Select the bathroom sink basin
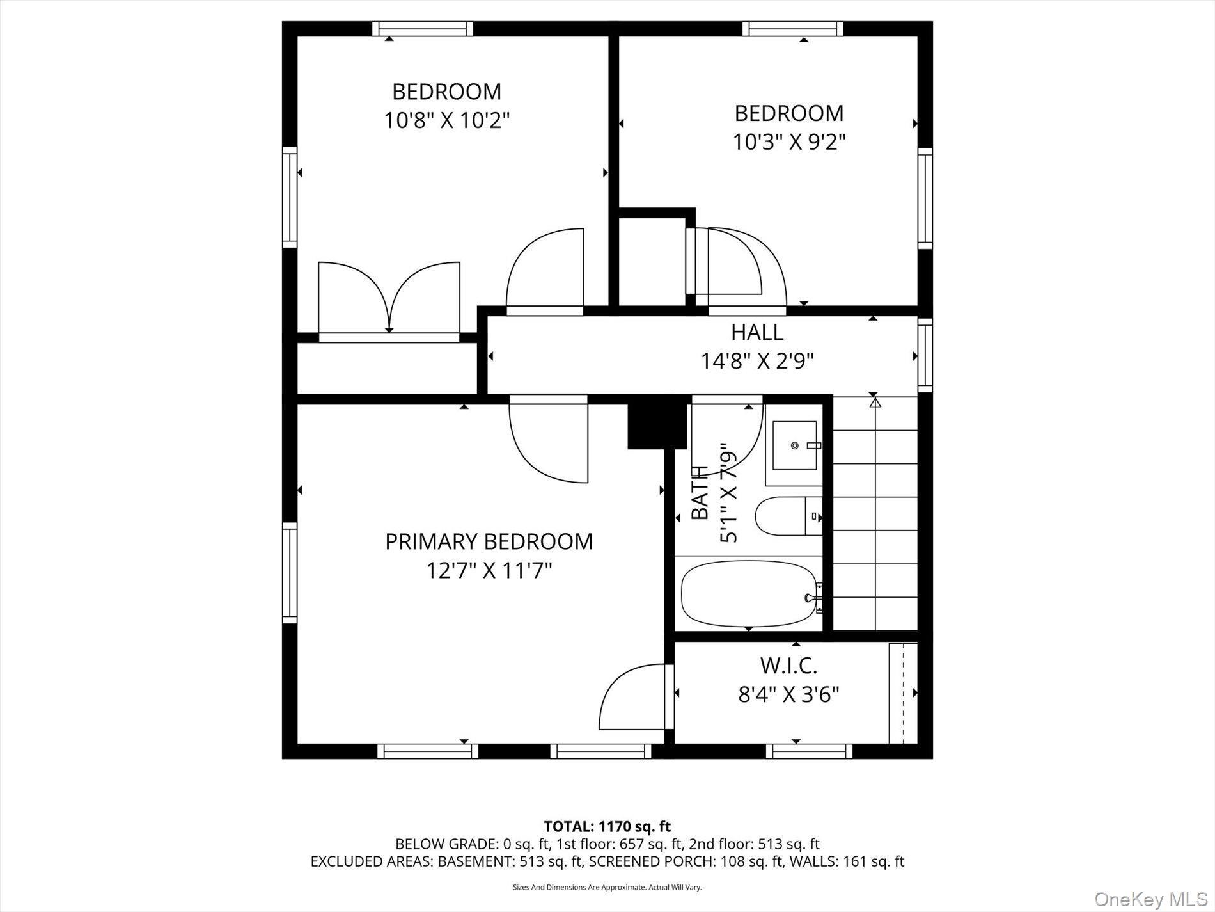click(x=794, y=445)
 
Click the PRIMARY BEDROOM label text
click(x=489, y=542)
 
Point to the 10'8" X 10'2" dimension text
click(x=446, y=120)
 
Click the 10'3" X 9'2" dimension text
click(x=788, y=142)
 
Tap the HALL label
click(x=757, y=332)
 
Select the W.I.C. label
click(x=788, y=666)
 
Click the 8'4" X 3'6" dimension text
click(x=788, y=694)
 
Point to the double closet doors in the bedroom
click(x=389, y=298)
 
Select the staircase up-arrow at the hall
click(x=875, y=403)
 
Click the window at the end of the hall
click(x=925, y=355)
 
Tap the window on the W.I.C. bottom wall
click(x=809, y=751)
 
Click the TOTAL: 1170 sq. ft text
click(x=607, y=826)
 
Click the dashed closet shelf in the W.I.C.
click(x=903, y=693)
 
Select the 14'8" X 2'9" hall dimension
click(x=757, y=362)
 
